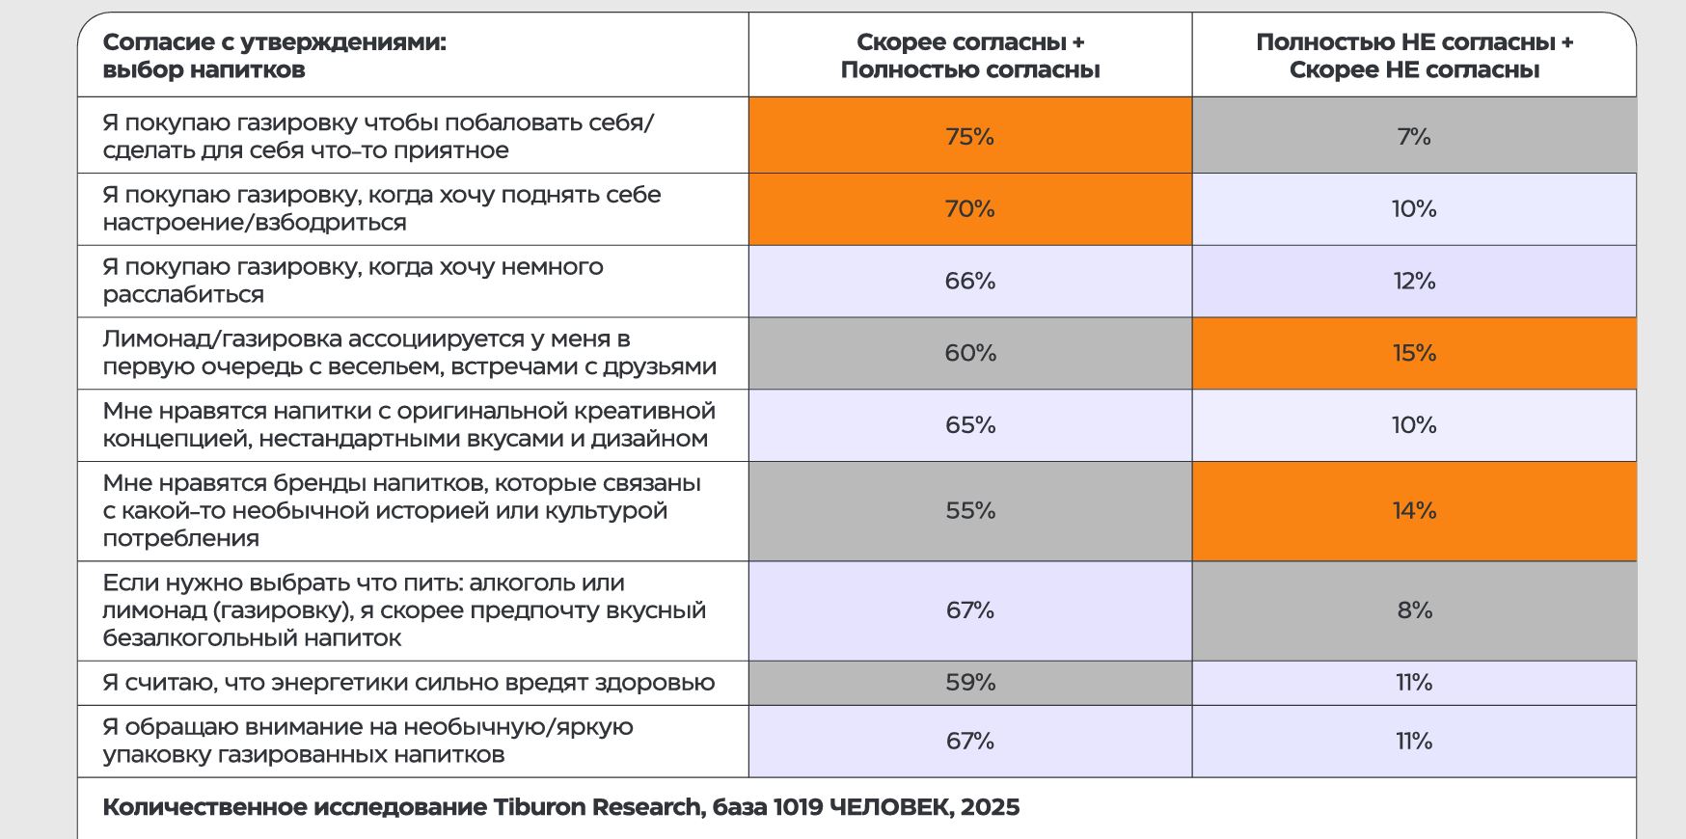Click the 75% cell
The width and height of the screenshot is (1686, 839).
(x=969, y=136)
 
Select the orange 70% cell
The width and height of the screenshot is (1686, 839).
(x=969, y=208)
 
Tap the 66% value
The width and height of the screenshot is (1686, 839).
(x=969, y=281)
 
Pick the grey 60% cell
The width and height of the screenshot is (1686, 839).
(x=969, y=353)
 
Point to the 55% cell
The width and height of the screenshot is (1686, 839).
(x=969, y=510)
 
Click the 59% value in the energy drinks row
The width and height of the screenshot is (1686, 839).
(x=969, y=683)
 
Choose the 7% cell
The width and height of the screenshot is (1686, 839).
(x=1414, y=136)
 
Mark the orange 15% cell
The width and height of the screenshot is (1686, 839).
(x=1414, y=353)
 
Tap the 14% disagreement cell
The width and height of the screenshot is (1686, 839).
(x=1414, y=510)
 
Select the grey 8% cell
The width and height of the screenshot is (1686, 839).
(x=1414, y=610)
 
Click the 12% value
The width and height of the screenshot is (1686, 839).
(x=1414, y=281)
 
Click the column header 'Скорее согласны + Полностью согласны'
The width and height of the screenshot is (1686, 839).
(x=969, y=56)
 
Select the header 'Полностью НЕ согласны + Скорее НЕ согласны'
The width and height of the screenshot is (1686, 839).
(x=1414, y=56)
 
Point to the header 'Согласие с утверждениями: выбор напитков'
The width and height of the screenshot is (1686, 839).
(x=274, y=56)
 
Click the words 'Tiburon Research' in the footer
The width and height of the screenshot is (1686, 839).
(x=597, y=807)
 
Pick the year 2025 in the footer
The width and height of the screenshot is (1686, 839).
(x=991, y=807)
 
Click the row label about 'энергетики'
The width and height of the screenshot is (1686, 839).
(x=408, y=683)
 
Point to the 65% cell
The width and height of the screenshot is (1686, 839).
(x=969, y=425)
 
